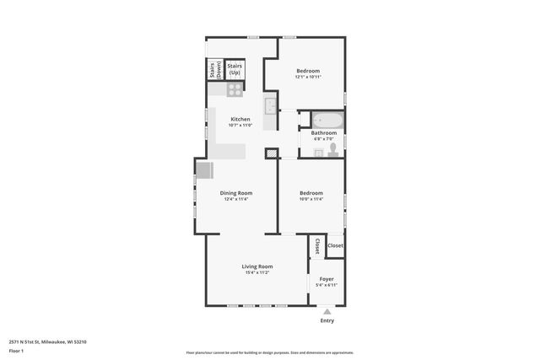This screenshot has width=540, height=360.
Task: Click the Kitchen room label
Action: click(x=240, y=120)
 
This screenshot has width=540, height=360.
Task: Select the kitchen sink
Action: click(x=270, y=106)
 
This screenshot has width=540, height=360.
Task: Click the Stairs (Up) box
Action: click(x=235, y=68)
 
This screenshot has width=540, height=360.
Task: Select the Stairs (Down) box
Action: click(x=213, y=69)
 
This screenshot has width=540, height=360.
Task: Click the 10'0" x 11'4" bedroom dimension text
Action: click(x=310, y=199)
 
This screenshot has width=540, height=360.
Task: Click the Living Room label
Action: click(x=258, y=266)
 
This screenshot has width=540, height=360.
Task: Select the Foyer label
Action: click(x=327, y=278)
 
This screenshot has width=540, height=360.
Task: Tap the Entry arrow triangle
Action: click(x=327, y=311)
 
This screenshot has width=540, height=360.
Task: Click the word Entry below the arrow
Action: click(x=327, y=320)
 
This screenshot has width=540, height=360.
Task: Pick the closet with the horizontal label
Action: click(x=335, y=245)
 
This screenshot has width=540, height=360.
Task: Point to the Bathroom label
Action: click(x=324, y=133)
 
